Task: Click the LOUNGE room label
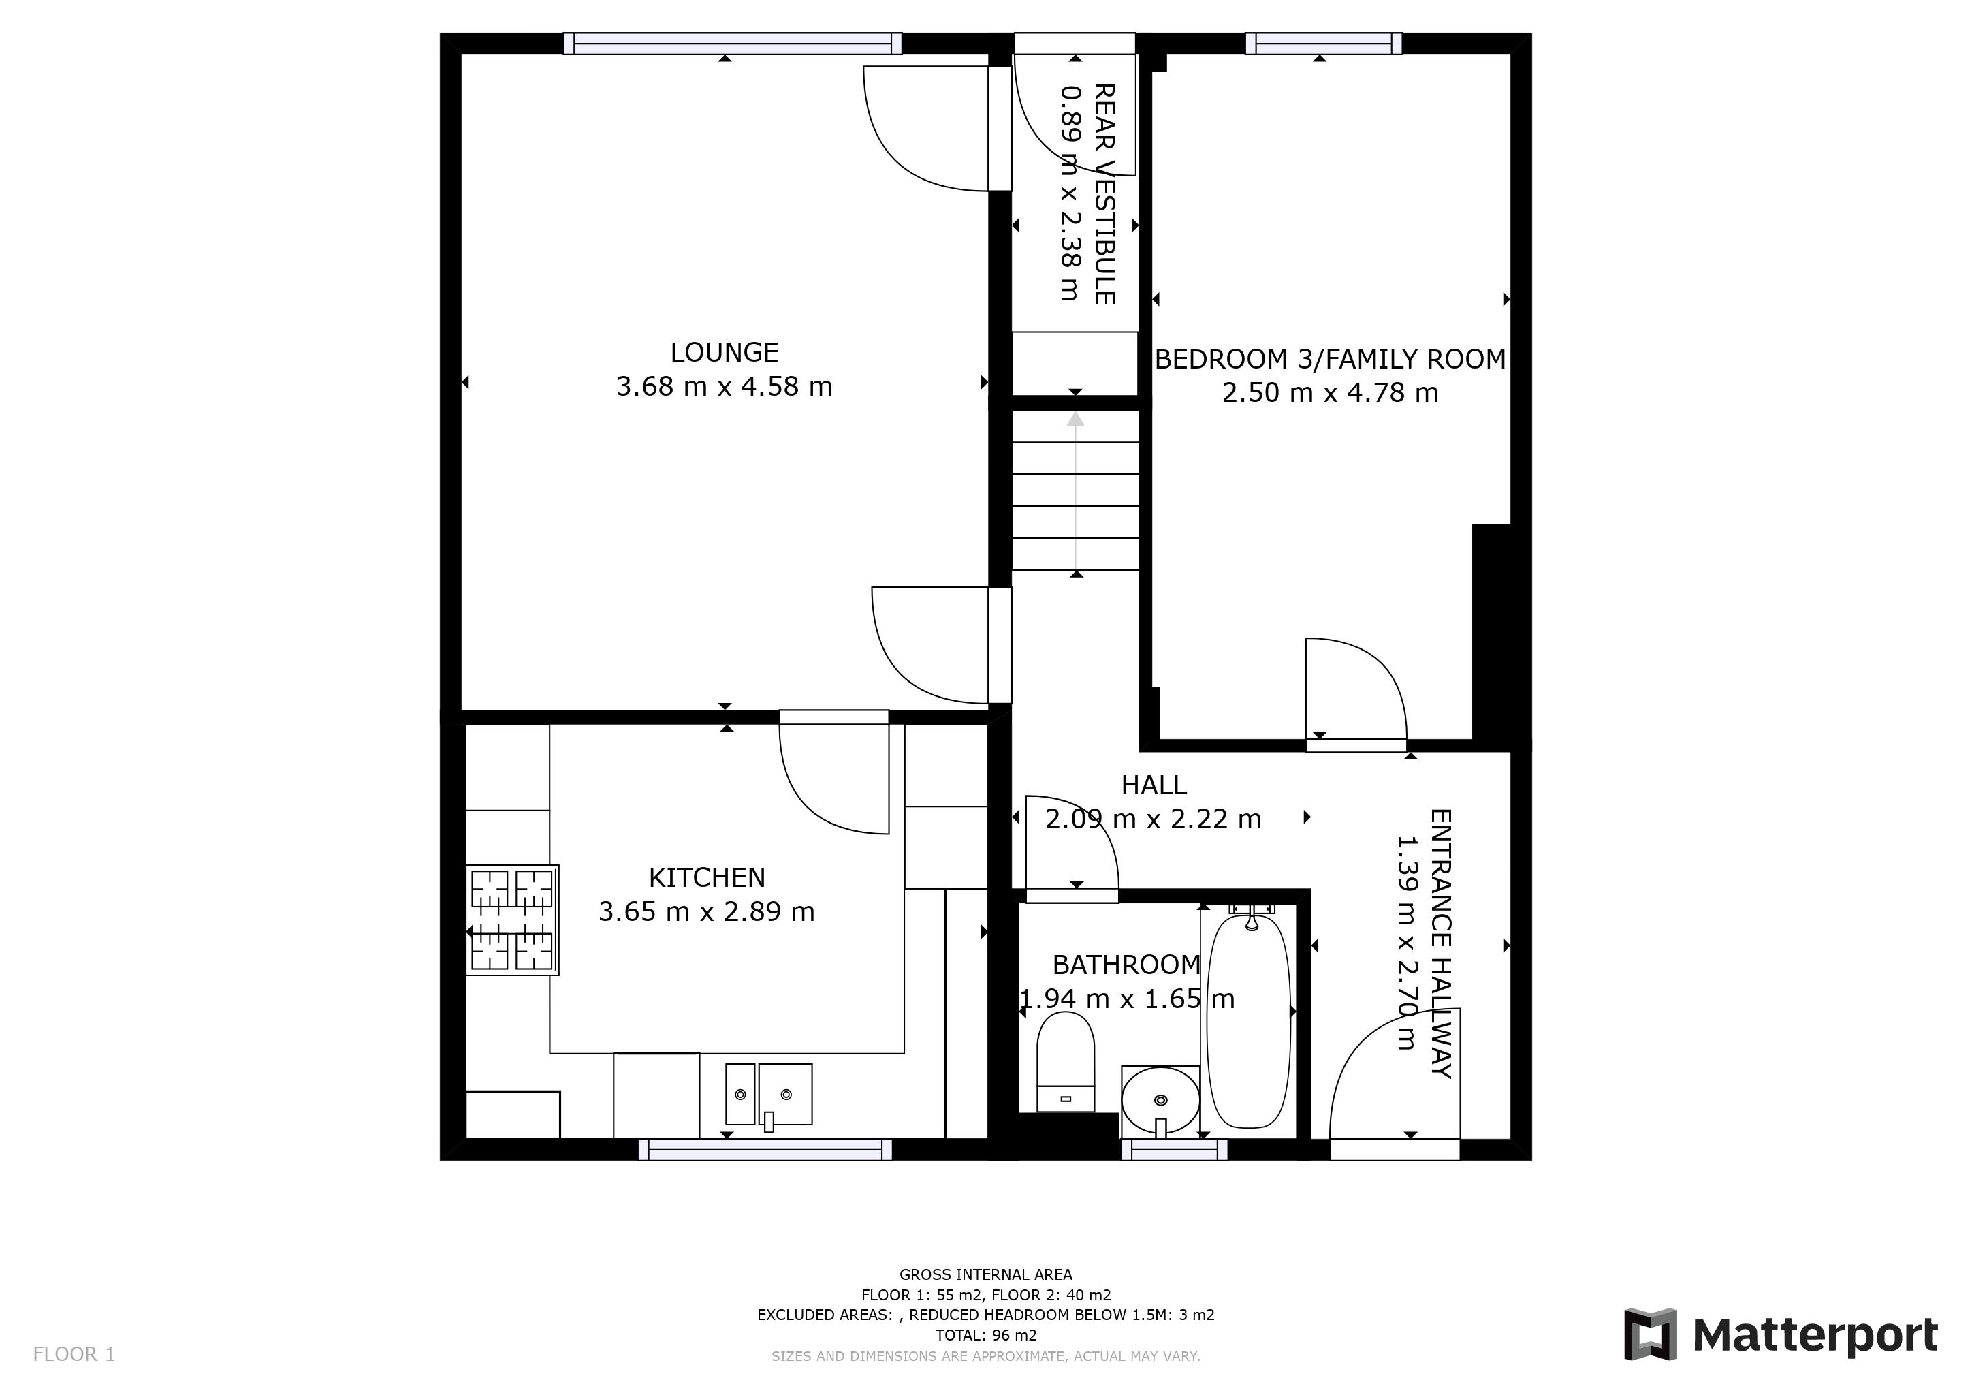[724, 352]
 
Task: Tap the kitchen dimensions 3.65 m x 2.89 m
[706, 911]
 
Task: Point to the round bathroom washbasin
[1160, 1100]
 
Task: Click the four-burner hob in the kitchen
[512, 920]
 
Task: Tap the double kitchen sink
[768, 1095]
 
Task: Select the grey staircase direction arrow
[1075, 490]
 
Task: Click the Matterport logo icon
[1649, 1335]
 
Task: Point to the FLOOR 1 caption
[74, 1355]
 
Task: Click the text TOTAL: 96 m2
[985, 1335]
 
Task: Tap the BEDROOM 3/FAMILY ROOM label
[1330, 359]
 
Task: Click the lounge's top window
[733, 43]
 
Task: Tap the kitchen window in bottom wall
[765, 1149]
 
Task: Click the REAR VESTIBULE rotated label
[1104, 194]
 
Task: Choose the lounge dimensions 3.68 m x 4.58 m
[724, 386]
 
